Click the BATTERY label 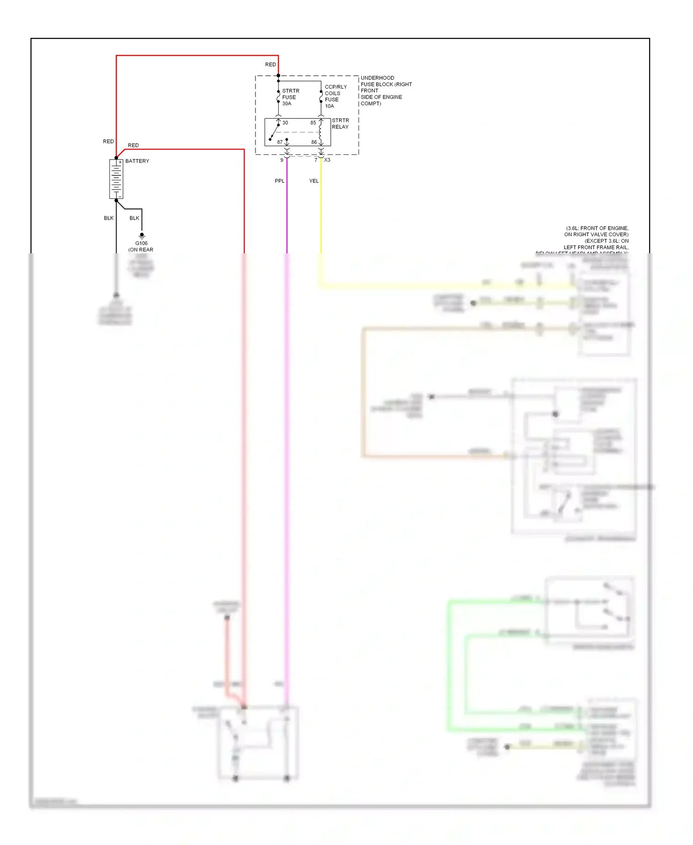coord(137,161)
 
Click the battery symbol coord(116,179)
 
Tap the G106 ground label coord(141,243)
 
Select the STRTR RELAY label coord(340,123)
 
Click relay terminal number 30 coord(286,123)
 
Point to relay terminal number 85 coord(313,123)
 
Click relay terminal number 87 coord(280,142)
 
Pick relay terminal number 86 coord(314,142)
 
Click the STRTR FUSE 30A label coord(291,97)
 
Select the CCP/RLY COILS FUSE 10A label coord(335,96)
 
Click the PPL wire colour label coord(280,181)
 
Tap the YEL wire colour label coord(314,181)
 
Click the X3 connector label coord(327,160)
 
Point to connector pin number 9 coord(282,160)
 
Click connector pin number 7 coord(316,160)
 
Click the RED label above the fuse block coord(270,64)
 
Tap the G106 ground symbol coord(142,235)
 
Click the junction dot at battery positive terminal coord(116,158)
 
